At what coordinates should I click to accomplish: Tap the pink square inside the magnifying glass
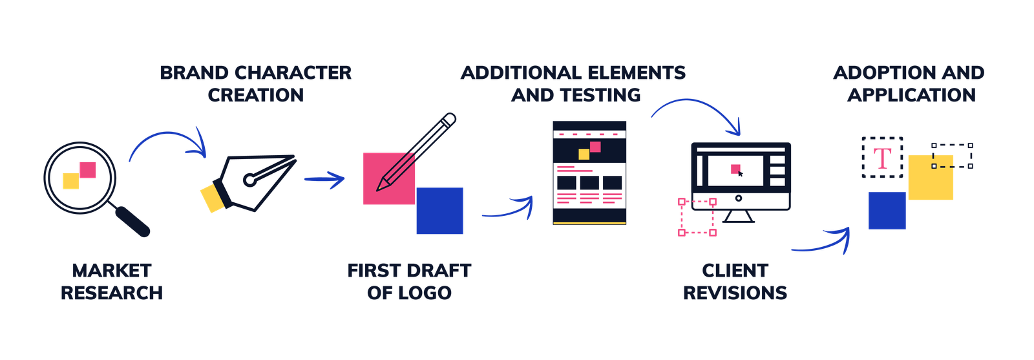tap(88, 170)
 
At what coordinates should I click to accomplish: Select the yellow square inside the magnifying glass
tap(71, 182)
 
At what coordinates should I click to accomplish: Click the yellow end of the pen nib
tap(212, 198)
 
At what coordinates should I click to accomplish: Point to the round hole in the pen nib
tap(249, 180)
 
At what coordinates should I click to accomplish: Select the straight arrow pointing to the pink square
tap(324, 180)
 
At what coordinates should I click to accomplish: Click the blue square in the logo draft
tap(439, 211)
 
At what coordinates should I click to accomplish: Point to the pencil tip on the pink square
tap(381, 187)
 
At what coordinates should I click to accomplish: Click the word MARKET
tap(112, 271)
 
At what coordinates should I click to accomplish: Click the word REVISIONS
tap(735, 293)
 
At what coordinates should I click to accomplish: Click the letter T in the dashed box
tap(882, 158)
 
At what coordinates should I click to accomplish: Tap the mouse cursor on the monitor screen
tap(741, 173)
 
